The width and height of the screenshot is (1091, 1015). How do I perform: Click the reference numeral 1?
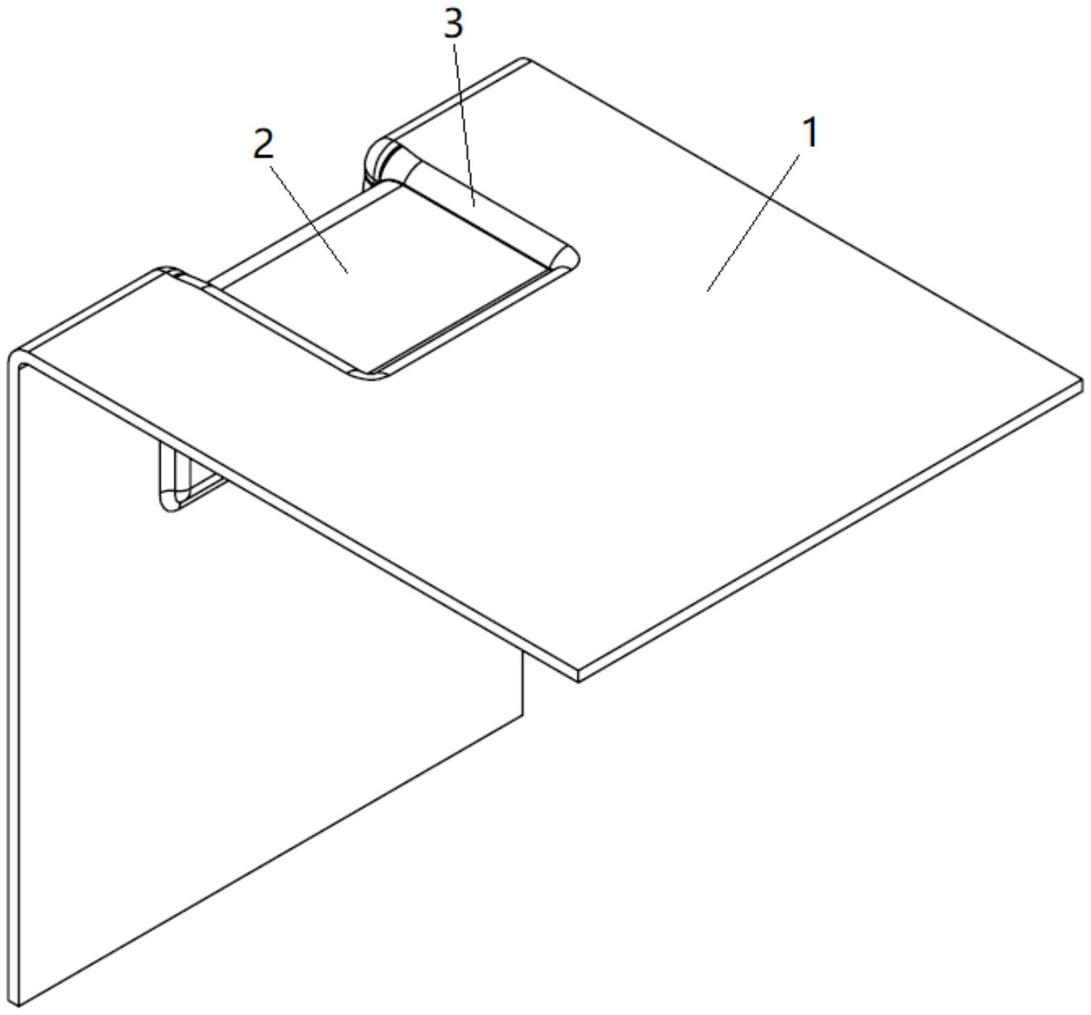click(810, 133)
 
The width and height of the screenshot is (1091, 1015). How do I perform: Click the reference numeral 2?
click(263, 145)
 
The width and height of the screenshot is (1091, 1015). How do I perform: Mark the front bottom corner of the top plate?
click(579, 678)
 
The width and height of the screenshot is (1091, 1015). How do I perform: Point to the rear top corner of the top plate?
click(526, 61)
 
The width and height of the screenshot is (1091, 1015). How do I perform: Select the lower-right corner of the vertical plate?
click(522, 717)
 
